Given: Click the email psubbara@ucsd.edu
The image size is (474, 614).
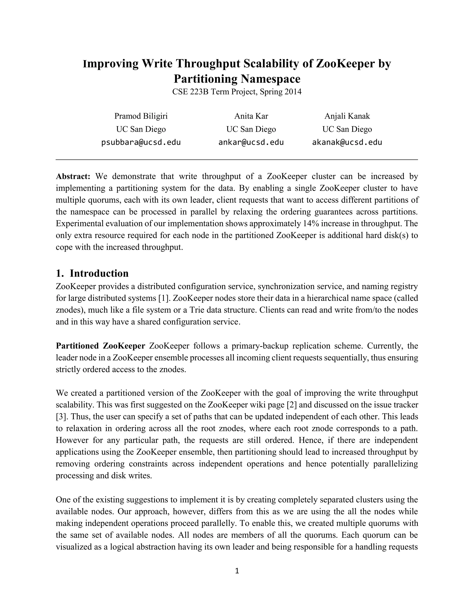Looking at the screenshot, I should point(141,142).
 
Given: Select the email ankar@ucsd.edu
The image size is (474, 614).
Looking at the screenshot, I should point(251,142).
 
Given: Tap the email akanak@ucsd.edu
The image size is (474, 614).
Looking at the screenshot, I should point(347,142).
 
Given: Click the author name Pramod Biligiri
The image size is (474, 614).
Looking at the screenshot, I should point(141,116).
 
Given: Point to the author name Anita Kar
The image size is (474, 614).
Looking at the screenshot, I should point(251,116).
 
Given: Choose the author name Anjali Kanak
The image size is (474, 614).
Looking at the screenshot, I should point(347,116).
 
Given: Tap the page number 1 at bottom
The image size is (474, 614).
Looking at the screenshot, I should point(237,570).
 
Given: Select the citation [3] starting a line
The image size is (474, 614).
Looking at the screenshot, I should point(60,417).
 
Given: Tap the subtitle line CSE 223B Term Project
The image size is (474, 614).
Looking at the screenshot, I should point(237,92).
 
